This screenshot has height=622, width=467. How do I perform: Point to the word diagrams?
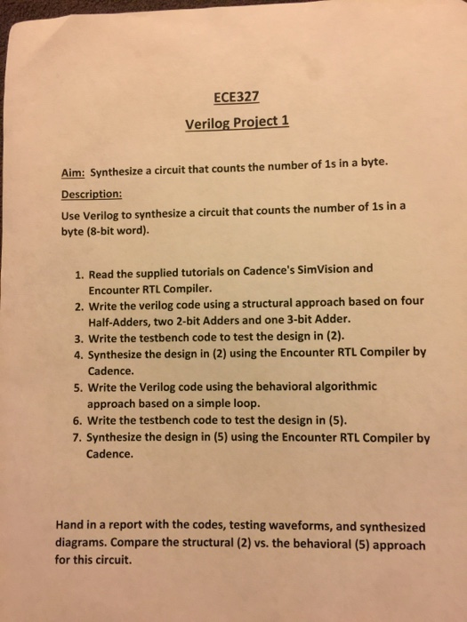pos(91,545)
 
